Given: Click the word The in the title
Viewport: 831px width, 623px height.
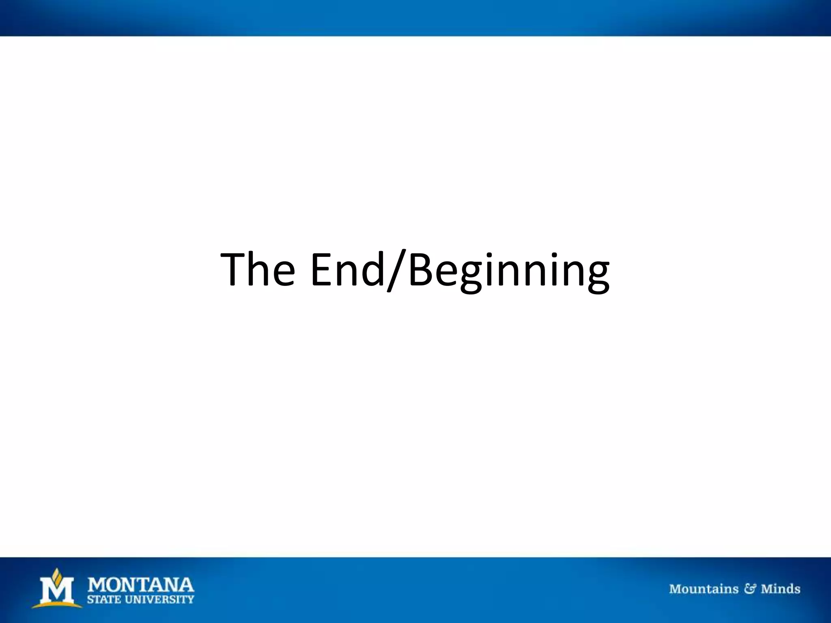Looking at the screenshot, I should pos(257,269).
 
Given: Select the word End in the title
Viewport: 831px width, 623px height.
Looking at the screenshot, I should pos(347,269).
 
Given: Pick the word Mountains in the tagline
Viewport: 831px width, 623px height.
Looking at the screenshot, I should pos(704,589).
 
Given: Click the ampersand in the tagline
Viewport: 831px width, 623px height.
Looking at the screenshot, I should pos(749,589).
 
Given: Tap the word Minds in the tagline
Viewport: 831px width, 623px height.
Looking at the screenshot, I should pos(780,589).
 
